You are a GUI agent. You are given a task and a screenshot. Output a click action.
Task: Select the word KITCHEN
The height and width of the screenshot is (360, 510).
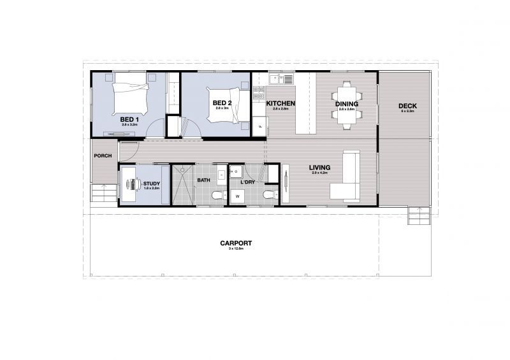[x=280, y=104]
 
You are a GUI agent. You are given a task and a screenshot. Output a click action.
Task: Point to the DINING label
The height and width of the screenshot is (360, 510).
[x=347, y=104]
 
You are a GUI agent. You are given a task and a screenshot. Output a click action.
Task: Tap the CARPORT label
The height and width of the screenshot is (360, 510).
[x=236, y=243]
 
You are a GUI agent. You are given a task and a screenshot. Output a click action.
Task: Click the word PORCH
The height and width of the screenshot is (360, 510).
[x=103, y=156]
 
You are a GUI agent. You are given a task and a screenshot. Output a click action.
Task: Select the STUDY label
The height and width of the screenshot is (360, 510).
[x=152, y=184]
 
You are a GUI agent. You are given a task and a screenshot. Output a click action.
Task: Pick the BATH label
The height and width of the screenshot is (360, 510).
[x=203, y=180]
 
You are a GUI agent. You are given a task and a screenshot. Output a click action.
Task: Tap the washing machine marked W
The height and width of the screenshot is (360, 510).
[x=237, y=196]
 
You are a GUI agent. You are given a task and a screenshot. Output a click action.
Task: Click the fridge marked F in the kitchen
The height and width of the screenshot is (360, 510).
[x=260, y=127]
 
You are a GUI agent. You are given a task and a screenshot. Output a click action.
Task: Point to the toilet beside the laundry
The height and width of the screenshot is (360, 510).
[x=268, y=194]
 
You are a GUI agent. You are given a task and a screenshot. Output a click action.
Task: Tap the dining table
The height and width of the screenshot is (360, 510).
[x=347, y=104]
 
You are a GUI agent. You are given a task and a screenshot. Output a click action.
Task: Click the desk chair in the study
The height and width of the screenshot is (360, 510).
[x=134, y=184]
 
